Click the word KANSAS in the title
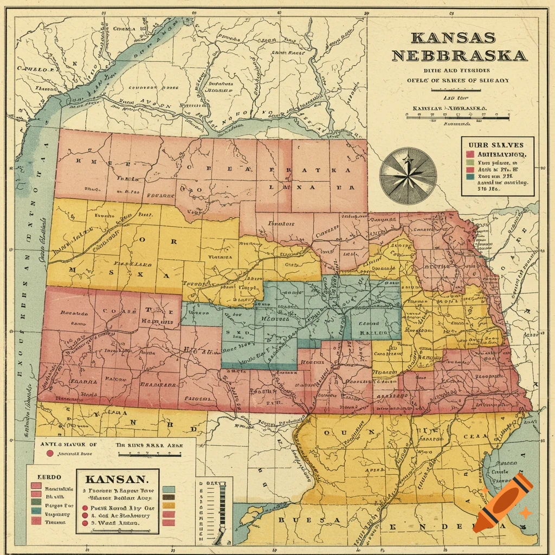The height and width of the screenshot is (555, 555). pos(453,38)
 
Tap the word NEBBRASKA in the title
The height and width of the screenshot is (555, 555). pos(459,55)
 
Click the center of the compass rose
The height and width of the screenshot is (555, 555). pos(408,174)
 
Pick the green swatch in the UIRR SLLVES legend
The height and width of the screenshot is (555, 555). pos(470,162)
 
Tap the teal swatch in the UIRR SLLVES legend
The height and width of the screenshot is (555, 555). pos(470,176)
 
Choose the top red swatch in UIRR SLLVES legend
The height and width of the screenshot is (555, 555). pos(470,154)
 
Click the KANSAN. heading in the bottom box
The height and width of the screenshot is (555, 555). pos(116,480)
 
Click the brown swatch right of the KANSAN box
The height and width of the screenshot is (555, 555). pos(169,497)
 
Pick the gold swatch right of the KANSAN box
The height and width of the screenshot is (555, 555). pos(169,506)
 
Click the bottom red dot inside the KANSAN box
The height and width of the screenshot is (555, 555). pos(84,524)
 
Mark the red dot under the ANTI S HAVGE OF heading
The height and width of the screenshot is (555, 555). pos(50,454)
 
